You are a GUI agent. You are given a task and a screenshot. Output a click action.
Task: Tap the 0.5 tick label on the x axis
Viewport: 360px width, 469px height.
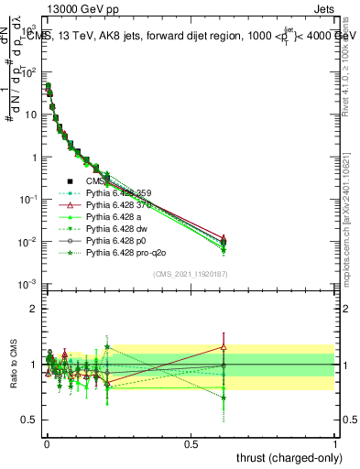pyautogui.click(x=191, y=443)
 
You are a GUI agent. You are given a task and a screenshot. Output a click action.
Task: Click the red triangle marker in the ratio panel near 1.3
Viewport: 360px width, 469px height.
pyautogui.click(x=224, y=347)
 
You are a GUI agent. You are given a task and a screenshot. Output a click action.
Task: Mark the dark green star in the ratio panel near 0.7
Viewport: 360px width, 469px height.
pyautogui.click(x=224, y=398)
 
